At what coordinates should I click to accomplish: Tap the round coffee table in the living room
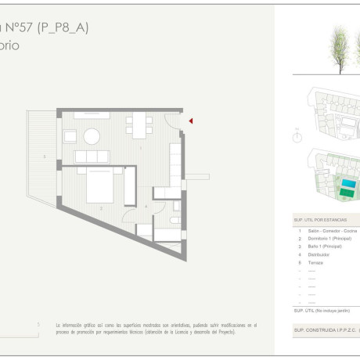click(x=92, y=136)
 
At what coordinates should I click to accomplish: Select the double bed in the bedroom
click(x=98, y=185)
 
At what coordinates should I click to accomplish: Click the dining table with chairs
click(x=138, y=123)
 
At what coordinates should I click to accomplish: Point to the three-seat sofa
click(x=92, y=157)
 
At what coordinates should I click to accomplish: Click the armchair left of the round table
click(x=70, y=136)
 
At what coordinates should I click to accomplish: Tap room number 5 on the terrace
click(x=45, y=158)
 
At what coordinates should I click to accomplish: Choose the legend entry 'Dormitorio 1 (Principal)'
click(x=329, y=239)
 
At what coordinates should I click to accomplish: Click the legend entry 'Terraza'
click(x=315, y=263)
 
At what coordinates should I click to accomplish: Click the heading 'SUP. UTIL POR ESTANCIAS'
click(x=326, y=221)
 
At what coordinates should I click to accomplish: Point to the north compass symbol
click(x=297, y=138)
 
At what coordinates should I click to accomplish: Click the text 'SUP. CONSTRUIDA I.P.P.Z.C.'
click(x=325, y=331)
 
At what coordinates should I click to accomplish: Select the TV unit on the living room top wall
click(x=92, y=116)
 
